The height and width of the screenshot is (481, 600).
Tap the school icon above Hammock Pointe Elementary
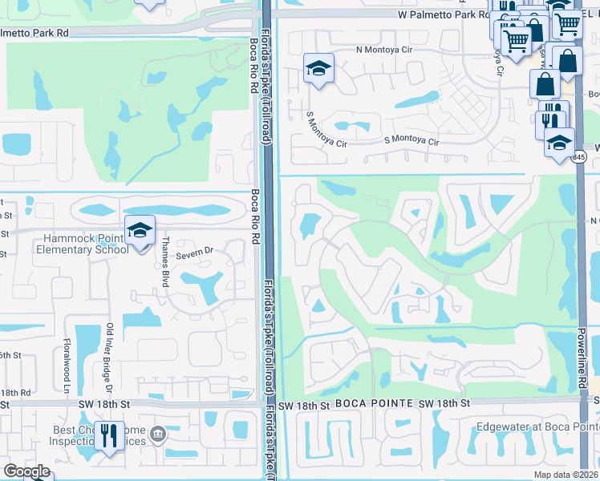[x=140, y=231]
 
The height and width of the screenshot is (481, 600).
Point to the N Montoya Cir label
[x=387, y=49]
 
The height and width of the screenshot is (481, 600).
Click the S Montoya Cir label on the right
[x=411, y=141]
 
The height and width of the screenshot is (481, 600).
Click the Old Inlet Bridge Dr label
[x=108, y=358]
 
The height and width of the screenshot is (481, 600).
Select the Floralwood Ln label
[x=65, y=366]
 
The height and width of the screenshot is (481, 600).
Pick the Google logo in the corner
[x=26, y=471]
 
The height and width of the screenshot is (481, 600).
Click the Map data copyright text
[x=566, y=475]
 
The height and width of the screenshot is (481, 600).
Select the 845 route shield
[x=579, y=158]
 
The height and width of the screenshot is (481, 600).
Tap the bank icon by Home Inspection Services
[x=159, y=435]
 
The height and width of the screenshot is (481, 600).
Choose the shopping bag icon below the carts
[x=545, y=83]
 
